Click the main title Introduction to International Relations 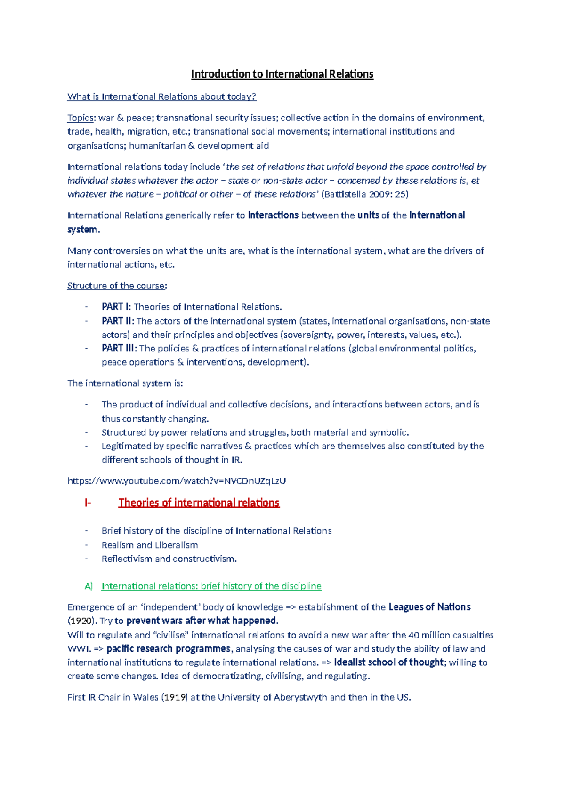282,74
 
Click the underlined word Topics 80,118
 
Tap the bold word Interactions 273,215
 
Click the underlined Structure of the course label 116,286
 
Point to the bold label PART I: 116,307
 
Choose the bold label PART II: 118,321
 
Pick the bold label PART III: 119,349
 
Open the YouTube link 177,481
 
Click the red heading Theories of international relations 199,503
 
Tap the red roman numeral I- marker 88,503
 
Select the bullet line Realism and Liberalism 150,545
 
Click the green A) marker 89,586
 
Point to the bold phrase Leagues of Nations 429,607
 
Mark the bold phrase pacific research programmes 169,649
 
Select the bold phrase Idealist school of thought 389,662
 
